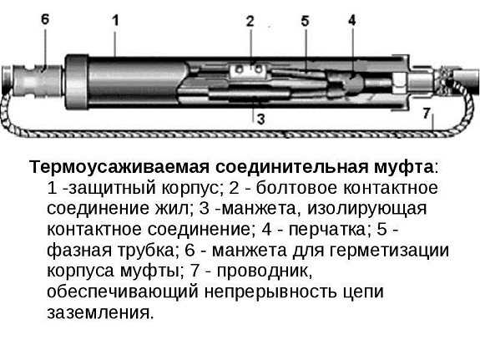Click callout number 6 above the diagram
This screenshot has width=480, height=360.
point(45,19)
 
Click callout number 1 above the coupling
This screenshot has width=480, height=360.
point(115,21)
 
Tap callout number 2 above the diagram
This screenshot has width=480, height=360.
point(250,21)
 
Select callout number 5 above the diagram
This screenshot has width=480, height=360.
point(305,21)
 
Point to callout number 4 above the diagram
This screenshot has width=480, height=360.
point(352,20)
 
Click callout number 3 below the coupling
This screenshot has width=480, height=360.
point(260,119)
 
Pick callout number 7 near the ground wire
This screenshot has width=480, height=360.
point(427,113)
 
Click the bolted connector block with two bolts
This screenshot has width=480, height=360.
point(249,69)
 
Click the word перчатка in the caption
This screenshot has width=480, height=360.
point(327,230)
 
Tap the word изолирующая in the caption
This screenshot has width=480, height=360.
point(366,209)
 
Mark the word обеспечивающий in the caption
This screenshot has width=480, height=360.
point(123,292)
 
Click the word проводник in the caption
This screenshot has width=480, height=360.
point(265,271)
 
